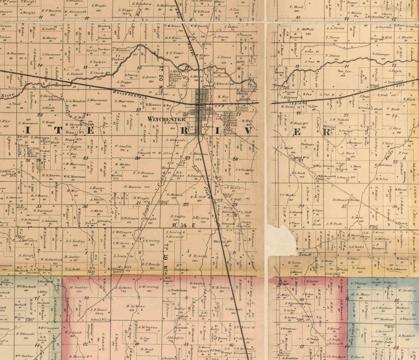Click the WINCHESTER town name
click(x=166, y=119)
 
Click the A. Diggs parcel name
click(x=123, y=82)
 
